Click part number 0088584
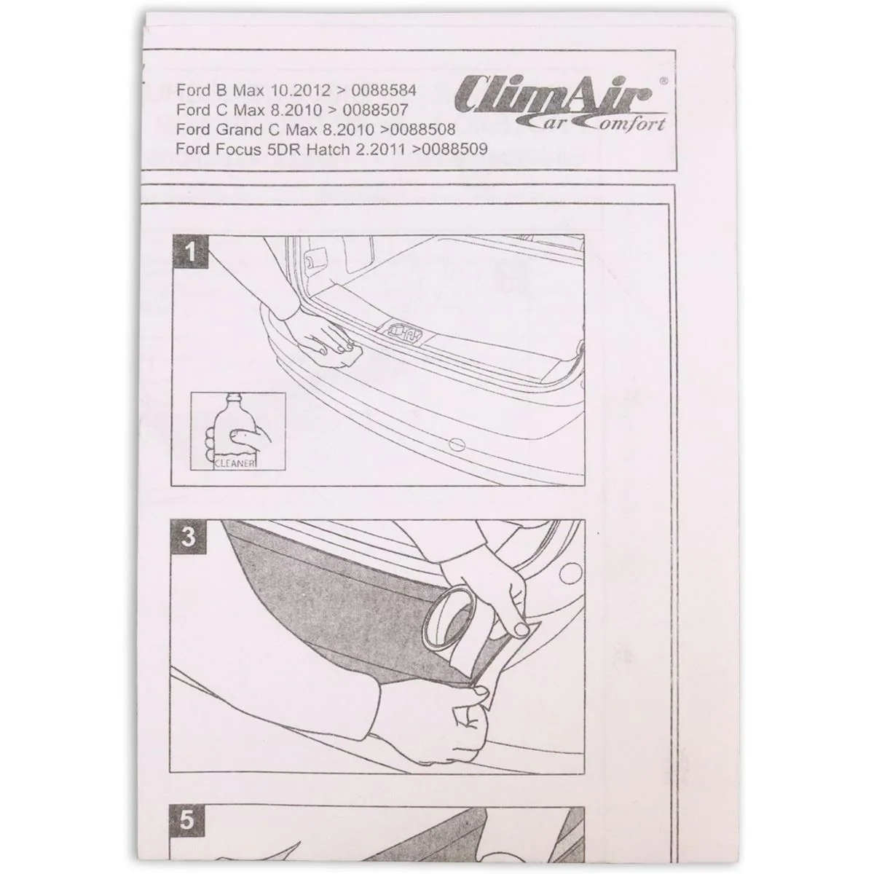click(x=384, y=90)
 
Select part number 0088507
click(x=375, y=110)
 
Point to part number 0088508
click(x=422, y=130)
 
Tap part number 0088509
click(x=454, y=149)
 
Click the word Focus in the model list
click(x=239, y=149)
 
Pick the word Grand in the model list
click(x=240, y=130)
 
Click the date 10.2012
click(x=300, y=90)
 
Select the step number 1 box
click(x=190, y=252)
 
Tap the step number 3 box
click(x=188, y=537)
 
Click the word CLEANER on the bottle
click(x=235, y=464)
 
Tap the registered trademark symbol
click(x=663, y=81)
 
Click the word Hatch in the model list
click(x=328, y=149)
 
